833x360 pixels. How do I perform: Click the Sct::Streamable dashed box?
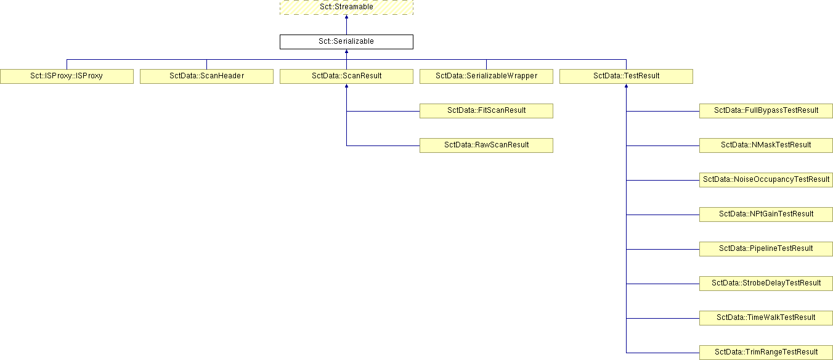[346, 7]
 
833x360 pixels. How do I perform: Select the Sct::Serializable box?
[346, 42]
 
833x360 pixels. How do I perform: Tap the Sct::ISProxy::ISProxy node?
[67, 76]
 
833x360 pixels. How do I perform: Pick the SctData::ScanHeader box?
[206, 76]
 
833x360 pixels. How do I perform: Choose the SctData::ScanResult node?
[346, 76]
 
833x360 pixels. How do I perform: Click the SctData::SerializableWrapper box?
[486, 76]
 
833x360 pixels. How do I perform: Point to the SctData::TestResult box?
[626, 76]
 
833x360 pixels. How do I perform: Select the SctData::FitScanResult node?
[486, 111]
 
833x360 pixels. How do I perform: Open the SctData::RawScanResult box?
[486, 145]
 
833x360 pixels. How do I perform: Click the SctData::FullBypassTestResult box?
[766, 111]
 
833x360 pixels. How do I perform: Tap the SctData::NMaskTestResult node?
[766, 145]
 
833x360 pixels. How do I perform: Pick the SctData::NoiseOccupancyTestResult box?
[766, 180]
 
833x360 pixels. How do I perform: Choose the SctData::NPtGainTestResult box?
[766, 215]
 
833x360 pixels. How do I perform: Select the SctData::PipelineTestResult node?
[766, 249]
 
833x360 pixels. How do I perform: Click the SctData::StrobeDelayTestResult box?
[766, 284]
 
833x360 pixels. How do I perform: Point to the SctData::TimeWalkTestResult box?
[766, 318]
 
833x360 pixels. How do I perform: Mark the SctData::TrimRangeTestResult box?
[766, 353]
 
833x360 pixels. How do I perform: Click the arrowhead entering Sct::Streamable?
[346, 17]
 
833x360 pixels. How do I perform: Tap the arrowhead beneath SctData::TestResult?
[626, 86]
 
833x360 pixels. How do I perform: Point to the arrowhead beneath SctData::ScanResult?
[346, 86]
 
